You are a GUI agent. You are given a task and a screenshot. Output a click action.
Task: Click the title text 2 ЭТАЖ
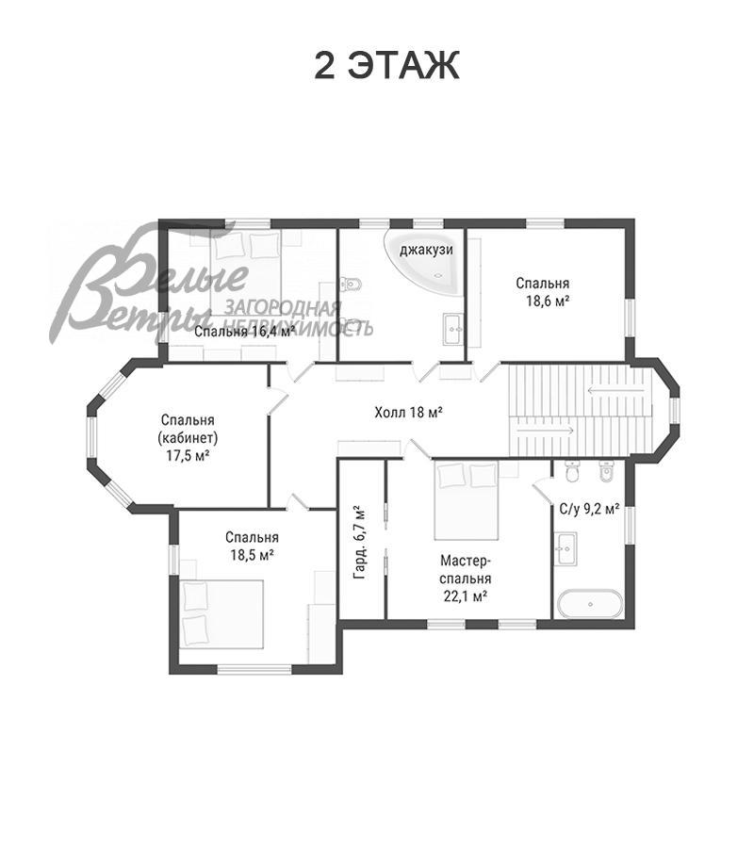click(x=386, y=66)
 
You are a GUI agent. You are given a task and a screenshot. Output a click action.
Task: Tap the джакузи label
click(x=426, y=250)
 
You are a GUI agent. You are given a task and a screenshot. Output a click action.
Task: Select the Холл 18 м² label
click(x=409, y=413)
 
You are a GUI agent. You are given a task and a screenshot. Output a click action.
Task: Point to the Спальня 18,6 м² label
click(x=543, y=292)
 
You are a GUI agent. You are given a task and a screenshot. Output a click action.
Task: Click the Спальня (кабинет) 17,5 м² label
click(x=188, y=437)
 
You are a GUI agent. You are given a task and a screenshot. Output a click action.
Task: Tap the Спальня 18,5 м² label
click(x=252, y=546)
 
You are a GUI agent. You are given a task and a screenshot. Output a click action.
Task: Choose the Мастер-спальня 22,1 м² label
click(x=466, y=579)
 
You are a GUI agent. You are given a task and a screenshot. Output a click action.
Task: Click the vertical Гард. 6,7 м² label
click(x=359, y=543)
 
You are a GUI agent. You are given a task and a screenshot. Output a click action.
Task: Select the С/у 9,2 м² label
click(x=589, y=509)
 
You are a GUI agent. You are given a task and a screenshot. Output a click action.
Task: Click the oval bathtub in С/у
click(x=590, y=604)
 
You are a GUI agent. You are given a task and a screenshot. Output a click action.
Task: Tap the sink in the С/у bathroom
click(x=565, y=549)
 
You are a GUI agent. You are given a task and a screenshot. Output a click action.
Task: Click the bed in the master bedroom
click(x=466, y=500)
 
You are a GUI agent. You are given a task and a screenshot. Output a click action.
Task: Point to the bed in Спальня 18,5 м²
click(x=221, y=613)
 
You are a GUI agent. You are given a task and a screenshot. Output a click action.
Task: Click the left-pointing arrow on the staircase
click(x=616, y=390)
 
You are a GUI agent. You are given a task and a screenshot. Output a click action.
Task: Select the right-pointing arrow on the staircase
click(x=545, y=431)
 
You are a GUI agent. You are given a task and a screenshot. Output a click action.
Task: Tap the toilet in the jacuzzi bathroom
click(x=351, y=283)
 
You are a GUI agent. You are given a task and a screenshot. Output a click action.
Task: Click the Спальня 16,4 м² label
click(x=244, y=332)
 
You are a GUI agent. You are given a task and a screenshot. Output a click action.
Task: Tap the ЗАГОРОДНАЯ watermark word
click(x=283, y=308)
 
